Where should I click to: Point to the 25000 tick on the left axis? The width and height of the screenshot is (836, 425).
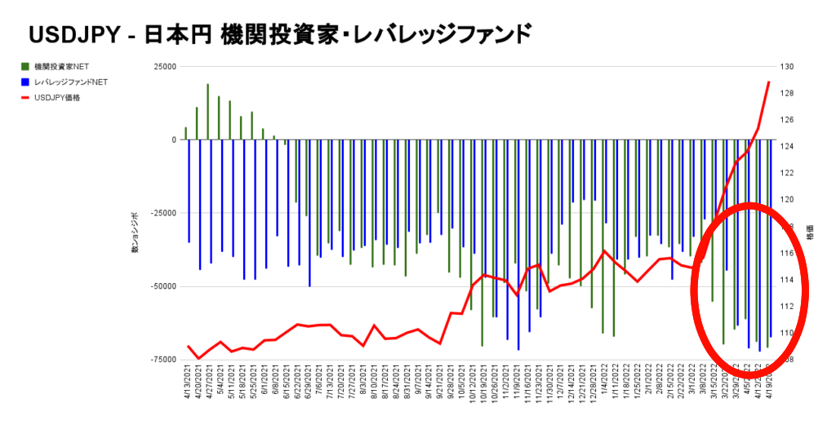(164, 67)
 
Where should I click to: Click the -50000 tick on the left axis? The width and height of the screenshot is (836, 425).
(163, 286)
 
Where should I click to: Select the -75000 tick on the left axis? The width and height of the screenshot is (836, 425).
(163, 360)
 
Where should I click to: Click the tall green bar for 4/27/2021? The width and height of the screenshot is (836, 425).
(208, 112)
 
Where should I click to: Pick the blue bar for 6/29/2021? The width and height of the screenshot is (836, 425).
(309, 212)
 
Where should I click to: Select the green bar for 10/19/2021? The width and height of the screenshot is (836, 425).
(482, 242)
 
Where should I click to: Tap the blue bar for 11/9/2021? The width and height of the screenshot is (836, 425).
(518, 245)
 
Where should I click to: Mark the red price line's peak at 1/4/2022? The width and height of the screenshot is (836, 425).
(603, 250)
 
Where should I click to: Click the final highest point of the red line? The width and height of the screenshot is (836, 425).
(769, 82)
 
